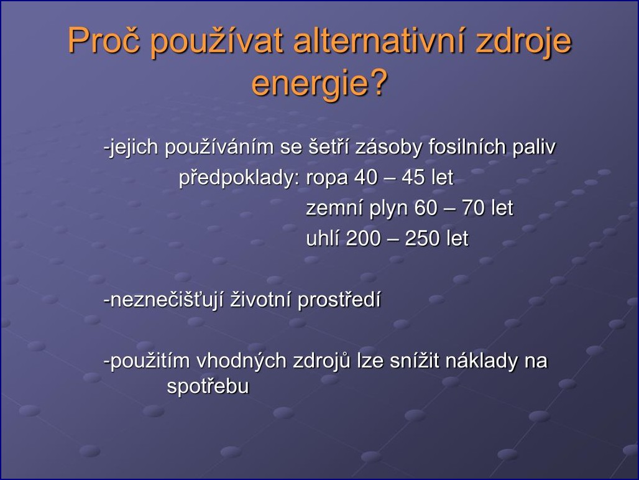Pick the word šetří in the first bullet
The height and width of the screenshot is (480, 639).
click(x=328, y=146)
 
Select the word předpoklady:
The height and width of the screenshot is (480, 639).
click(x=240, y=177)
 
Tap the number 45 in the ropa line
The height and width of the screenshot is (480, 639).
click(x=413, y=177)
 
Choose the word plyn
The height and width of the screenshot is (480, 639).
click(x=388, y=208)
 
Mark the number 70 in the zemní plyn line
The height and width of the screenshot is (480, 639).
click(x=473, y=208)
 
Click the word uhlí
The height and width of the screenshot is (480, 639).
click(x=322, y=238)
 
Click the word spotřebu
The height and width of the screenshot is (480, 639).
click(x=208, y=386)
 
